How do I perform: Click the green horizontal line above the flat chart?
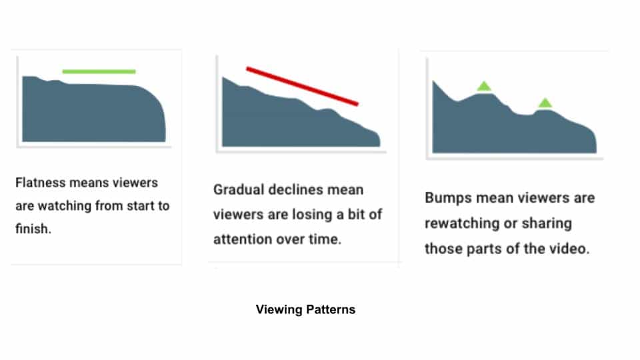tap(99, 71)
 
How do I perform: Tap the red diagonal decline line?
tap(302, 86)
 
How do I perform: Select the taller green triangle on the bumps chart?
tap(484, 86)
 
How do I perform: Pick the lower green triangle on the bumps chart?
tap(545, 103)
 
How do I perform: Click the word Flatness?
tap(41, 183)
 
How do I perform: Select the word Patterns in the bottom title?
tap(331, 309)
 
